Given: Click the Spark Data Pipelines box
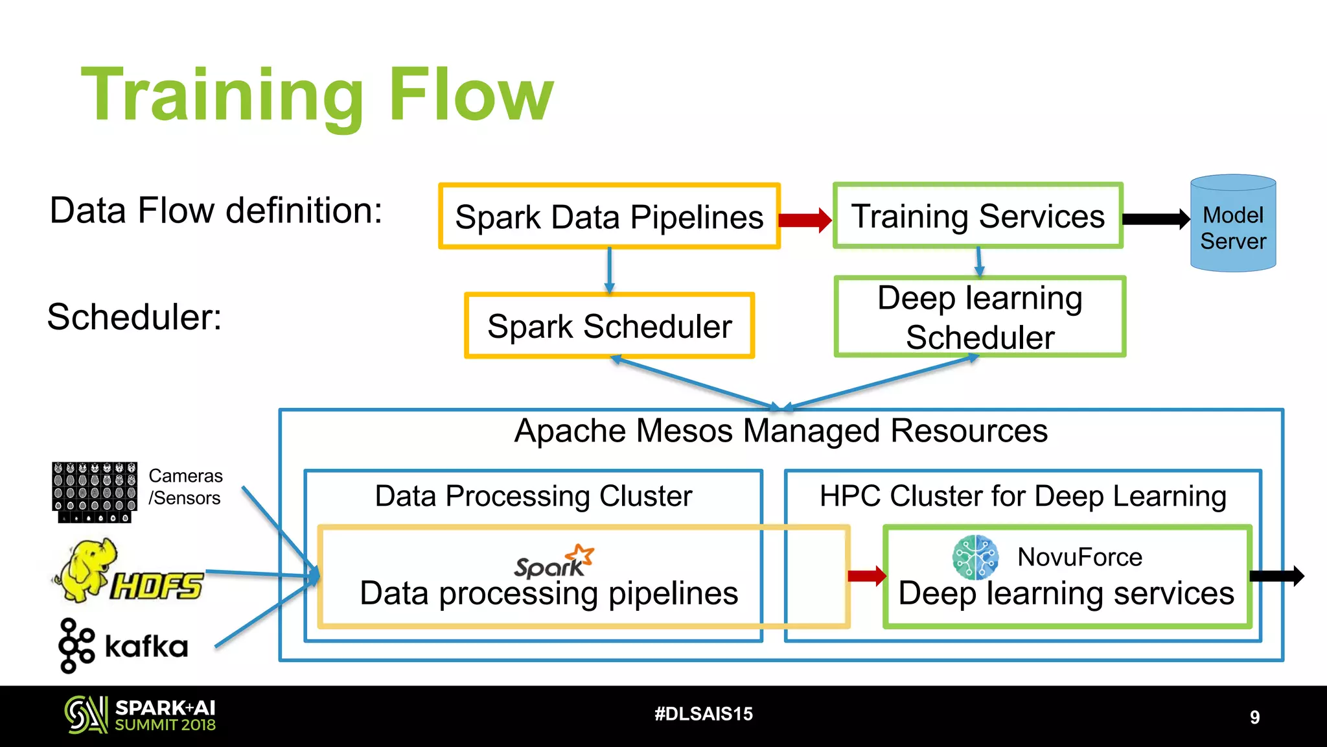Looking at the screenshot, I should pos(609,217).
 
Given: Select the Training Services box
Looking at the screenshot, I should pos(978,216).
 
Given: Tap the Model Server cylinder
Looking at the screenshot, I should pos(1232,224).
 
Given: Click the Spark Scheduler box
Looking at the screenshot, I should pos(609,326).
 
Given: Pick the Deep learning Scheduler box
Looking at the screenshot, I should pos(980,317).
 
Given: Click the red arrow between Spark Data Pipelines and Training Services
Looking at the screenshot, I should pos(805,220).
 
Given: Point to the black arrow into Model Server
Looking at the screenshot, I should pos(1155,219).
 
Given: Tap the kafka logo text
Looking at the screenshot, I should pos(146,646).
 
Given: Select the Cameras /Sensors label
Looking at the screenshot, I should pos(185,487).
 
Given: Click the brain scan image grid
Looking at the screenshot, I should pos(95,492).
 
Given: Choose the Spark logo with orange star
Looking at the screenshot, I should pos(554,562).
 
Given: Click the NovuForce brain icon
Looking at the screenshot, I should pos(975,557).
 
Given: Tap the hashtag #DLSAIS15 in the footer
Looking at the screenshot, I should pos(704,714).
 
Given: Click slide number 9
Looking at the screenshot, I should pos(1254,717).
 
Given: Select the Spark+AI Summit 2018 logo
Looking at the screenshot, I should pos(140,715).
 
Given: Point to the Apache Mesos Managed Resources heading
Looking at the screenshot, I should pos(781,431).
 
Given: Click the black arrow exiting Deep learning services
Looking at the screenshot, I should pos(1276,576).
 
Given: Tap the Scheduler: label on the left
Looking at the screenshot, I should pos(135,317).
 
